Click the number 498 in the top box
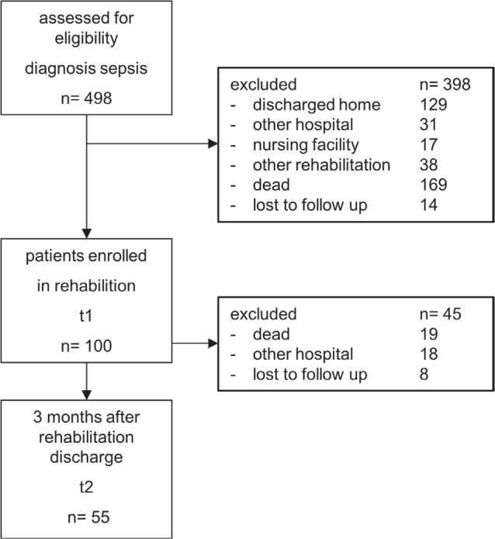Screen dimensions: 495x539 coord(98,98)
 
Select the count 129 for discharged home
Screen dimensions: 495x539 coord(434,105)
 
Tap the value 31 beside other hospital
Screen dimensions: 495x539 coord(428,124)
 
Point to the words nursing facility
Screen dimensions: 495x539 coord(306,145)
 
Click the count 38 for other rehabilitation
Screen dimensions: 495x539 coord(428,164)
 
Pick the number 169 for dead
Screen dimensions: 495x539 coord(434,185)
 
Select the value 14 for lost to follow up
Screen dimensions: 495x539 coord(428,205)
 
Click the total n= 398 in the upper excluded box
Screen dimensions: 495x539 coord(445,85)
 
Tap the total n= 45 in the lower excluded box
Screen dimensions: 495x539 coord(441,314)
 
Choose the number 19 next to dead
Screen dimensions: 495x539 coord(428,333)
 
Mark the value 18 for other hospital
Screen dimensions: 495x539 coord(428,354)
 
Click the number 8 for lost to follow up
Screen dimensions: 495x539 coord(424,374)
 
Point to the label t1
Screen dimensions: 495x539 coord(86,316)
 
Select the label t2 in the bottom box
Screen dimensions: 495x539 coord(86,487)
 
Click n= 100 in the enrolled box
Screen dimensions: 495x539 coord(86,345)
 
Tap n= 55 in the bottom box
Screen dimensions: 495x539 coord(88,517)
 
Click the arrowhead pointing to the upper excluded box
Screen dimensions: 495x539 coord(213,143)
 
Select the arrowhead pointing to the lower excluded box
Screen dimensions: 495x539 coord(213,343)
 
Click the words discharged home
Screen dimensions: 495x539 coord(317,105)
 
